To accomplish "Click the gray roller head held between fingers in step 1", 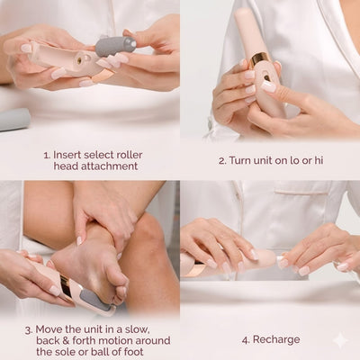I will (x=115, y=46).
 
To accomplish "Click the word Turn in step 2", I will (x=238, y=161).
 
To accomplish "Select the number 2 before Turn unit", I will (x=221, y=161).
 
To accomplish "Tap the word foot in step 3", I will (x=139, y=353).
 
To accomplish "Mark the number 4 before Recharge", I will (x=246, y=340).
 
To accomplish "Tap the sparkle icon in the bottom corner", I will (x=340, y=340).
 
